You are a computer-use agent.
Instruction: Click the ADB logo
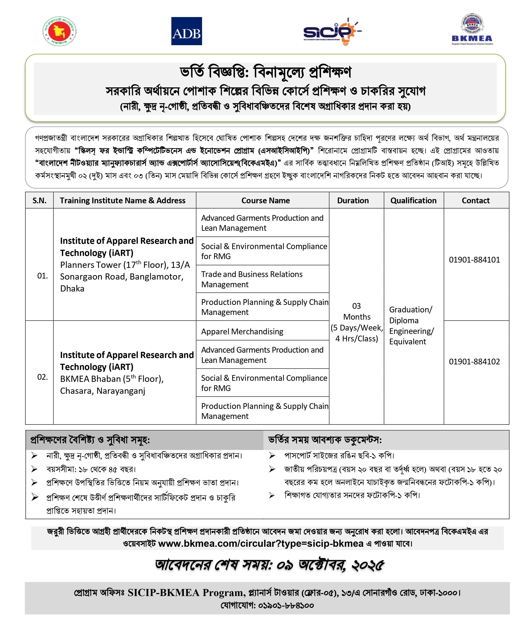click(x=186, y=31)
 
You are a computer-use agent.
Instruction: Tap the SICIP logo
click(x=332, y=31)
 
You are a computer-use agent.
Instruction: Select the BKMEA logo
click(x=472, y=30)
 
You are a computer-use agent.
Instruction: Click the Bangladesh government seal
click(x=59, y=31)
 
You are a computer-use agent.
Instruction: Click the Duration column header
click(x=353, y=200)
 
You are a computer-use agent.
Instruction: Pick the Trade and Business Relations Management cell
click(x=251, y=279)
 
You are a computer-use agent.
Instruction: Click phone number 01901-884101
click(x=474, y=260)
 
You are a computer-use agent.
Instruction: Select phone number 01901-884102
click(x=474, y=361)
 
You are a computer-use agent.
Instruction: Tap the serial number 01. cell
click(x=42, y=276)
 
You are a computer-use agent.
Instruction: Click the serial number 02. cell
click(x=42, y=377)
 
